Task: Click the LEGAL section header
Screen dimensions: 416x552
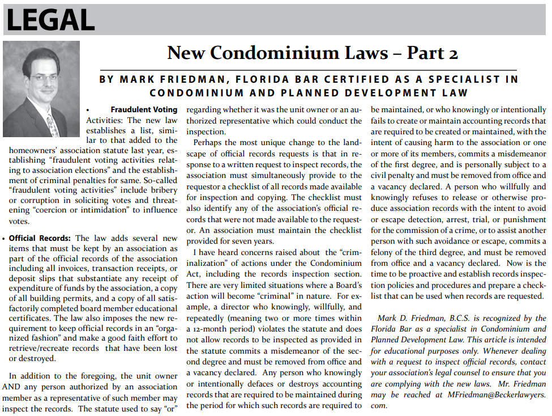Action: click(x=50, y=20)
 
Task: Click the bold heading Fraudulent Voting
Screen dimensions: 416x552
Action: click(x=144, y=109)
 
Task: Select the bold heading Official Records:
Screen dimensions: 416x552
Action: click(x=40, y=239)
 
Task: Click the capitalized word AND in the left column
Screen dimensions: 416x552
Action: click(x=12, y=387)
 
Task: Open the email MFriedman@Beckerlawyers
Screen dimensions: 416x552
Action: click(x=495, y=394)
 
